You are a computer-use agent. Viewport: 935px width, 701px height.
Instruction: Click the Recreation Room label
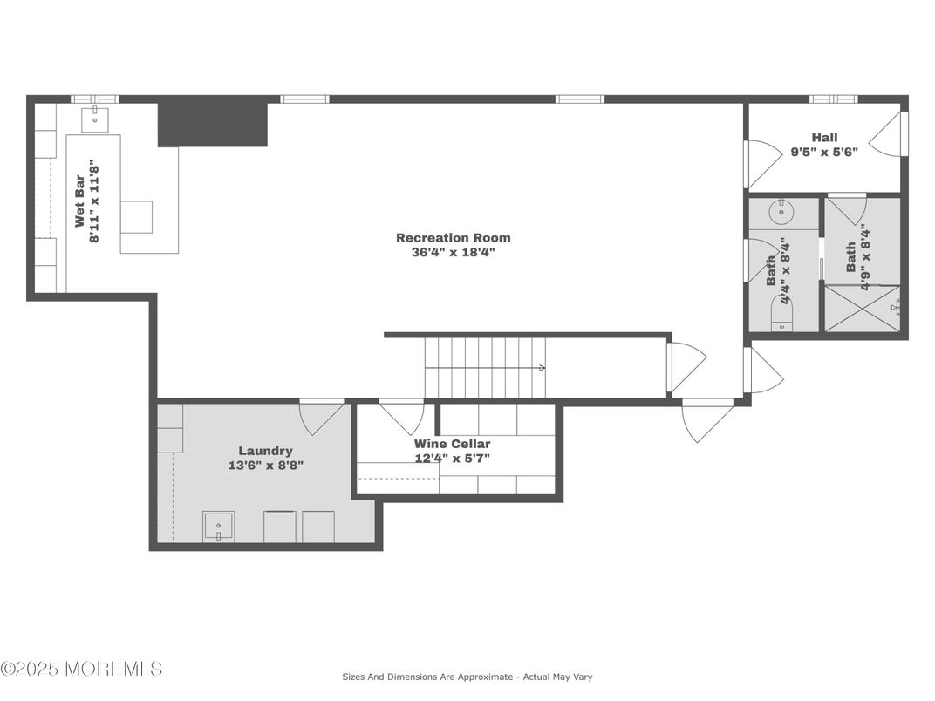coord(453,237)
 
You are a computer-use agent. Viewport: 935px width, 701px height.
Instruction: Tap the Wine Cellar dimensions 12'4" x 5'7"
coord(452,458)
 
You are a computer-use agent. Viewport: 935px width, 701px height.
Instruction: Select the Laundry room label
coord(265,451)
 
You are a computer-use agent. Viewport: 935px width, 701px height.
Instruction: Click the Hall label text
coord(824,137)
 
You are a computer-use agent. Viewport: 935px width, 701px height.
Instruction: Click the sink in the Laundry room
coord(217,527)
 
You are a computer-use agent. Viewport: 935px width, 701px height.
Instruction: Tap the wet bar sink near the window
coord(94,118)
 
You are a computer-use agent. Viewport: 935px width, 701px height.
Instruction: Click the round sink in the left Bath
coord(781,209)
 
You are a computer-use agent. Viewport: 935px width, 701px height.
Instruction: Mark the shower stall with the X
coord(862,309)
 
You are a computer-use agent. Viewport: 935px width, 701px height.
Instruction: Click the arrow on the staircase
coord(541,368)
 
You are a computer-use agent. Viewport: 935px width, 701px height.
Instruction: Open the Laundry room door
coord(321,416)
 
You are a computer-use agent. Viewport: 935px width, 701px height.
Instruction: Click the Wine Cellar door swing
coord(401,416)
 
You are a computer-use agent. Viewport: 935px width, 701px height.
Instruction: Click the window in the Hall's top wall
coord(832,99)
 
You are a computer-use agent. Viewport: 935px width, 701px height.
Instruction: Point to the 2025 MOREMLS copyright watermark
coord(81,669)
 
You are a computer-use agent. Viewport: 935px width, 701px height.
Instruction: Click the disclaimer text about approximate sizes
coord(467,677)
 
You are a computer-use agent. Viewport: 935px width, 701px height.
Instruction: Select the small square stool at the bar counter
coord(136,217)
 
